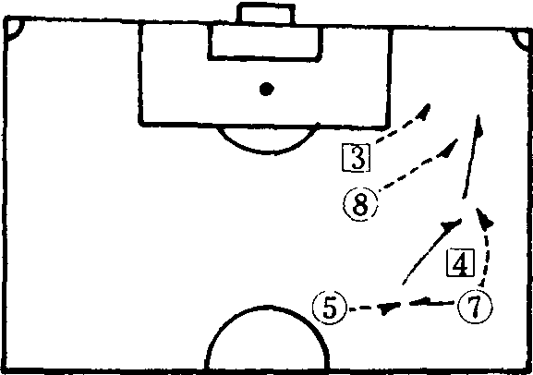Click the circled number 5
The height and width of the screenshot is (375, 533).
(330, 308)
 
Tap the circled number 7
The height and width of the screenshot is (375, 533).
(475, 307)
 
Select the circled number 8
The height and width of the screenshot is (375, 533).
(360, 204)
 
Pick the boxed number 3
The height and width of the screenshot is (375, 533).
(356, 157)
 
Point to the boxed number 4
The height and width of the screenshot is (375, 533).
(461, 263)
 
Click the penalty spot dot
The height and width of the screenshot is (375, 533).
(266, 89)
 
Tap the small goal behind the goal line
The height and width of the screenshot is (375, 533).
(266, 13)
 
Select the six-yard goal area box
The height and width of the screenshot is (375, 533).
(265, 42)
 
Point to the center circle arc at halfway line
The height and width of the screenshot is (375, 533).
(268, 308)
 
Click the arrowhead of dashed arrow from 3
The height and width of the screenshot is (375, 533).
(424, 112)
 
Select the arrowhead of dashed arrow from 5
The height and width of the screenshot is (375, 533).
(388, 308)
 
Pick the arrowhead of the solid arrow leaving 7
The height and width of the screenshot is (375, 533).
(421, 301)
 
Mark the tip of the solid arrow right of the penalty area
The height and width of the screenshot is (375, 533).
(478, 115)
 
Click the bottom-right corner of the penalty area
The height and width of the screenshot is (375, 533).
(386, 126)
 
